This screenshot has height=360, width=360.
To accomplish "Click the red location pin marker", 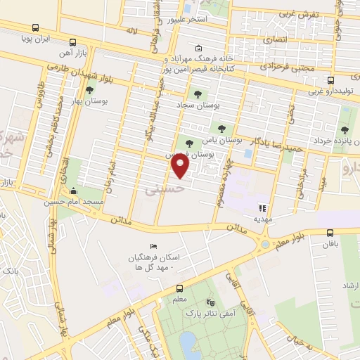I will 181,166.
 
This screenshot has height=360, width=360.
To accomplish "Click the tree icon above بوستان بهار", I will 89,91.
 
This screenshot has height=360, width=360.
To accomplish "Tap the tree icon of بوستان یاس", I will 222,128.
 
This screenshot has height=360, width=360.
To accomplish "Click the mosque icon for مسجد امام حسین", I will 75,191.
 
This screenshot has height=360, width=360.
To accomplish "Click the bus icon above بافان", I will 330,233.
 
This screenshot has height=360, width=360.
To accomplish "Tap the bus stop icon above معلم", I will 181,288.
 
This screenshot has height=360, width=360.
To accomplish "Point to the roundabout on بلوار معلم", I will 265,245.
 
